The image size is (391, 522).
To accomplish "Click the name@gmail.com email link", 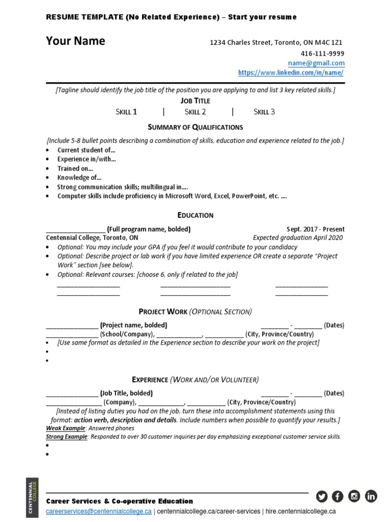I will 316,63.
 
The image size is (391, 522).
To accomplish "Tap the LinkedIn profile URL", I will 291,73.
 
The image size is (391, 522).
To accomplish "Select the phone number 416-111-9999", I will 322,54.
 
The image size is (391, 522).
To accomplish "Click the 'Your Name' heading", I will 75,41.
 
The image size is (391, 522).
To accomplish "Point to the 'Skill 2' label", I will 195,112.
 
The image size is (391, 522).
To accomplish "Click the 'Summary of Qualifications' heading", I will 195,127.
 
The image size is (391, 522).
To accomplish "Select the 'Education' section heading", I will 195,215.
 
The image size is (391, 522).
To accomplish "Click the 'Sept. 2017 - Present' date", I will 316,229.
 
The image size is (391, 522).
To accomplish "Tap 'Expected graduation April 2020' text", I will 298,238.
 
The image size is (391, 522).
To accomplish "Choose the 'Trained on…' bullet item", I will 75,168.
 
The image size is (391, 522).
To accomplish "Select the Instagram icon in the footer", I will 354,495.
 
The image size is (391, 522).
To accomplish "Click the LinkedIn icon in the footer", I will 371,495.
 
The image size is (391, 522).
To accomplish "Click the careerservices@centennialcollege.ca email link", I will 99,511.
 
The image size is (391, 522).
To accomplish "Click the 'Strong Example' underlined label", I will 67,437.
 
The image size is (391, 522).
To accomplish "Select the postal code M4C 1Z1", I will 334,43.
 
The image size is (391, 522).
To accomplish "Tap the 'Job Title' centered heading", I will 195,101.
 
